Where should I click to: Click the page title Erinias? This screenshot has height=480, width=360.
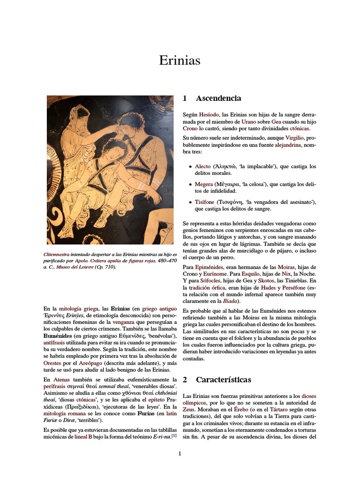180,60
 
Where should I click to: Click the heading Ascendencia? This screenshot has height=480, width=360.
218,98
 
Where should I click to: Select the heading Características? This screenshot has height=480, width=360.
223,379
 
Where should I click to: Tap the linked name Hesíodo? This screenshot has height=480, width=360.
209,114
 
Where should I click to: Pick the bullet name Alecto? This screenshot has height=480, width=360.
203,166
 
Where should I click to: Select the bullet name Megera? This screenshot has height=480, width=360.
204,184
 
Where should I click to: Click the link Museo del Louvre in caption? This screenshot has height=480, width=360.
75,267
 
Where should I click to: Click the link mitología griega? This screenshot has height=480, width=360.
78,308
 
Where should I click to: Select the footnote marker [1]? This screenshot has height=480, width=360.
174,436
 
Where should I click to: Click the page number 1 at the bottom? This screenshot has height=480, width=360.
180,453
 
